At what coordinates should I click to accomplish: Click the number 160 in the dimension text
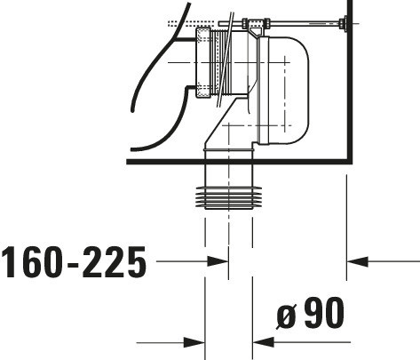point(33,262)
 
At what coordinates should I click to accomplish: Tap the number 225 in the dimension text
point(115,262)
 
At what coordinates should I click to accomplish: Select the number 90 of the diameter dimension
point(324,313)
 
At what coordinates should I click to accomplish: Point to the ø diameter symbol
point(287,316)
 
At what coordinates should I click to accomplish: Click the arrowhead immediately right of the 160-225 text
point(218,261)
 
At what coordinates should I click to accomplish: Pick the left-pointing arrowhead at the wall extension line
point(357,261)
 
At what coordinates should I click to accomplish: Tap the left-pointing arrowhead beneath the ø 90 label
point(264,342)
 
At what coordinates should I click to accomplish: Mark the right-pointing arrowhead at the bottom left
point(194,342)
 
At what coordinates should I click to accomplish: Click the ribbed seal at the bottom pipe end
point(229,197)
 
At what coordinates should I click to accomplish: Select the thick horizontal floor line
point(239,162)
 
